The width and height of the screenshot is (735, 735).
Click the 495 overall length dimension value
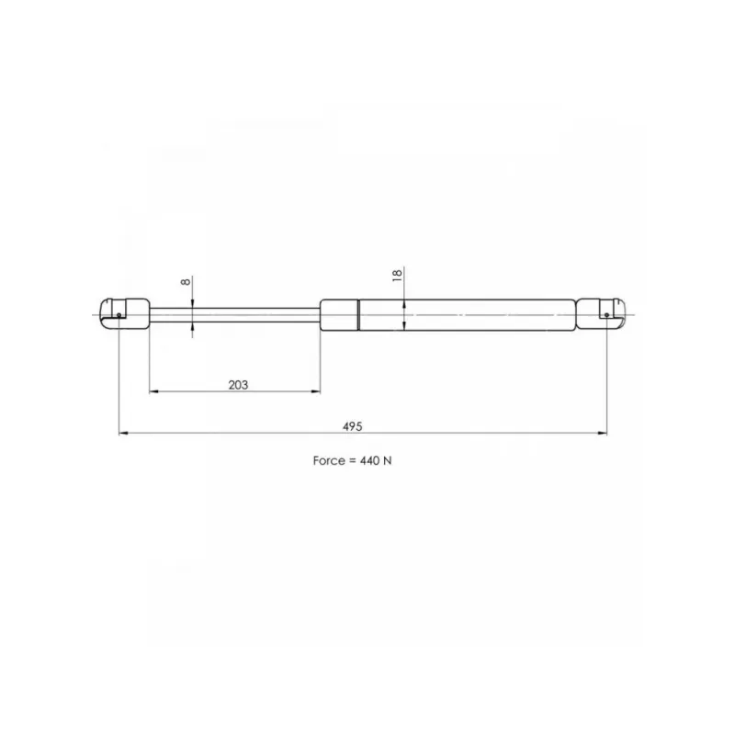(x=353, y=426)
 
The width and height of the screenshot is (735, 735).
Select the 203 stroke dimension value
(x=238, y=385)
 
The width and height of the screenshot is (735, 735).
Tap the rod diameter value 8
(x=186, y=281)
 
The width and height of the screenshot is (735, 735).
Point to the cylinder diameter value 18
(x=397, y=275)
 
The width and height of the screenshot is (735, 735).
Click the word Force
(x=329, y=461)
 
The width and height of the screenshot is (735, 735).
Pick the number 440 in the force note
(x=369, y=461)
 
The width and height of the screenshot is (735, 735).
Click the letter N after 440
(x=387, y=461)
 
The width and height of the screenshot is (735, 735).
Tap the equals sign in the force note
(x=352, y=461)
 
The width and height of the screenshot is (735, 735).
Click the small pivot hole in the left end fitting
(x=119, y=315)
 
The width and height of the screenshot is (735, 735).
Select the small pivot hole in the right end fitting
(x=606, y=315)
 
